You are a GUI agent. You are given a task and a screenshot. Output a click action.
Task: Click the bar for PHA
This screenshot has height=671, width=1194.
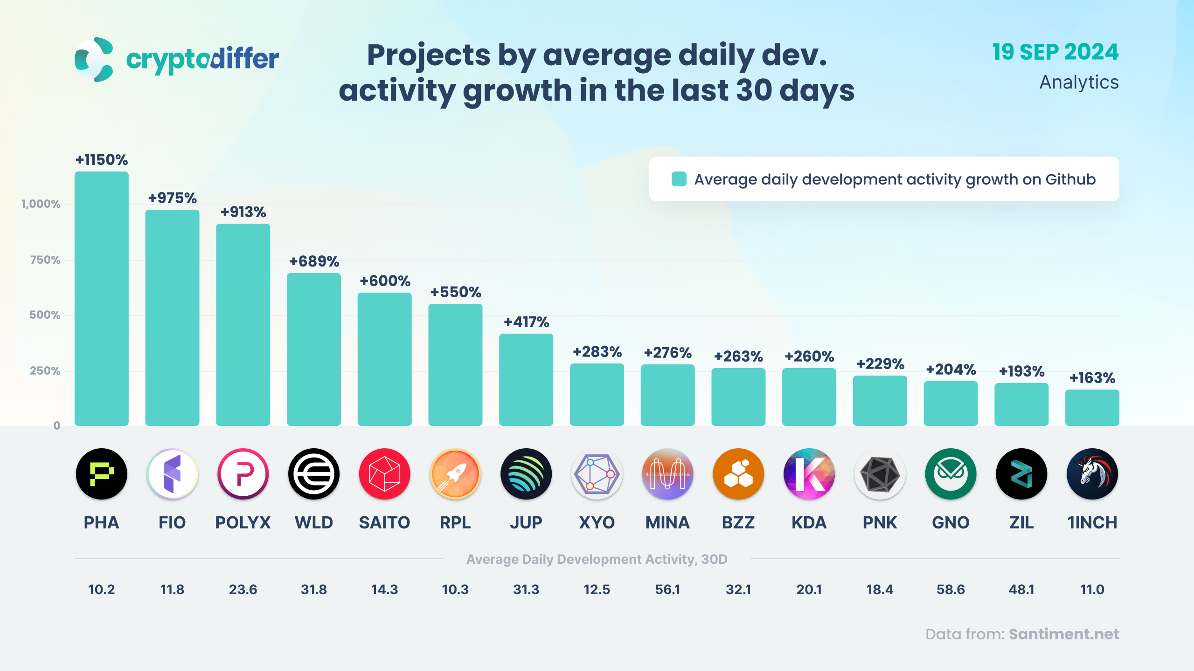(101, 298)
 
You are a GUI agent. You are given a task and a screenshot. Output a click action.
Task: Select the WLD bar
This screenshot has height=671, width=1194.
(313, 349)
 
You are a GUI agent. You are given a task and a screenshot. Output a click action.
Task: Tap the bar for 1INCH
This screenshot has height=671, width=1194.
(1092, 408)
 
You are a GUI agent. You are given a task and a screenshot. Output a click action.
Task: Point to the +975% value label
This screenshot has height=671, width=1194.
(172, 198)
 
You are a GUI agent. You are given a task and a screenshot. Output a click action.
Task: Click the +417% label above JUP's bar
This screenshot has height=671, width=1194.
(526, 322)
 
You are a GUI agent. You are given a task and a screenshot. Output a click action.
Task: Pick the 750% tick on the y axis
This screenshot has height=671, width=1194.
(45, 260)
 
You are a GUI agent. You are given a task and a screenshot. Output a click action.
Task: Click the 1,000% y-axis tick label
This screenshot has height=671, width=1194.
(41, 204)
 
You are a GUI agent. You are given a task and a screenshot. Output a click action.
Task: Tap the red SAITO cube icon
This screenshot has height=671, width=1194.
(384, 474)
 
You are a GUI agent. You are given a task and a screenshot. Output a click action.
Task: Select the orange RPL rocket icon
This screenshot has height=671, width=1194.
(455, 474)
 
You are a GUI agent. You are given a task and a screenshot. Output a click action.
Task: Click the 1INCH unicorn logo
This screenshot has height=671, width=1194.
(1092, 474)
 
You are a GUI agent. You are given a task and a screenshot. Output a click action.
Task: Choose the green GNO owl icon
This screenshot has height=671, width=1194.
(951, 474)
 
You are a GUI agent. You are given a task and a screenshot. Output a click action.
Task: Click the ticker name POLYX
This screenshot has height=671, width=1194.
(243, 523)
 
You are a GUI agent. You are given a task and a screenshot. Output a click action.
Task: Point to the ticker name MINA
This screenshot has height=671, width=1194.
(667, 523)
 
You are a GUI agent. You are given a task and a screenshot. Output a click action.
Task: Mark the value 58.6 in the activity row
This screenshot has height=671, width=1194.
(951, 590)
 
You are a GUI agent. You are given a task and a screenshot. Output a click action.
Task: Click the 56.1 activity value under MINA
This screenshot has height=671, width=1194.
(667, 590)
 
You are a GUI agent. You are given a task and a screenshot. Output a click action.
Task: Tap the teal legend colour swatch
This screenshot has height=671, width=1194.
(679, 179)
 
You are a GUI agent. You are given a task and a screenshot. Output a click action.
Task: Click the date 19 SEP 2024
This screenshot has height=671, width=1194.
(1055, 52)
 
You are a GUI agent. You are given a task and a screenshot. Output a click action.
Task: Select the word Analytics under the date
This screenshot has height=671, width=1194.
(1079, 82)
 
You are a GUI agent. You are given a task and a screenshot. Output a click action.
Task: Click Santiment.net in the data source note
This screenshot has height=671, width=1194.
(1063, 634)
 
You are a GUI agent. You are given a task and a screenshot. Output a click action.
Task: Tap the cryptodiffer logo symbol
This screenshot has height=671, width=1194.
(94, 60)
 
